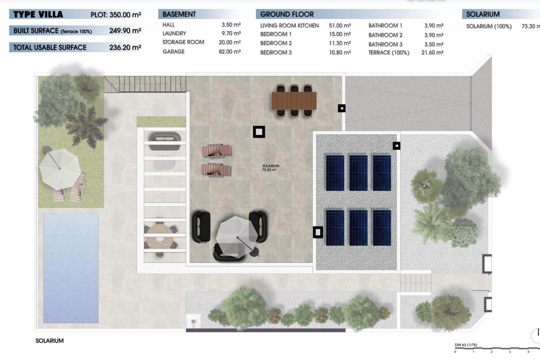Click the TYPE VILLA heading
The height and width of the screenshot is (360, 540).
(38, 14)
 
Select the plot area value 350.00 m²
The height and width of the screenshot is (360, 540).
(125, 15)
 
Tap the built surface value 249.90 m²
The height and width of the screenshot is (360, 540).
(125, 30)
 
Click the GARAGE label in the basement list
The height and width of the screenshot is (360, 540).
(174, 51)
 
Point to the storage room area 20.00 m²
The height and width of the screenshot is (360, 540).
(229, 42)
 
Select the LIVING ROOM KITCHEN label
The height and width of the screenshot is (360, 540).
(289, 26)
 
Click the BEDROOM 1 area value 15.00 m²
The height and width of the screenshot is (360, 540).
(340, 34)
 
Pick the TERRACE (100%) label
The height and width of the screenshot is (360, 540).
(389, 53)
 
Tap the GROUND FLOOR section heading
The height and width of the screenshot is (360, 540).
(287, 14)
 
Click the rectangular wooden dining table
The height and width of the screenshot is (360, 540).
(294, 101)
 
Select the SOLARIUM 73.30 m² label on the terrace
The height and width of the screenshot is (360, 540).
(270, 168)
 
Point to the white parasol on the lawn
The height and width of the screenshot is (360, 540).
(60, 168)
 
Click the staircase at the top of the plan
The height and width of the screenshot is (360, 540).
(145, 84)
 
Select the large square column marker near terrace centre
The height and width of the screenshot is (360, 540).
(259, 132)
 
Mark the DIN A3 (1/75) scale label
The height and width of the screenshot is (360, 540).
(466, 345)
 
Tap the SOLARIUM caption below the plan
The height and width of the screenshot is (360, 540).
(49, 341)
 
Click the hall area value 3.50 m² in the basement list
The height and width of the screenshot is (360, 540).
(231, 25)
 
